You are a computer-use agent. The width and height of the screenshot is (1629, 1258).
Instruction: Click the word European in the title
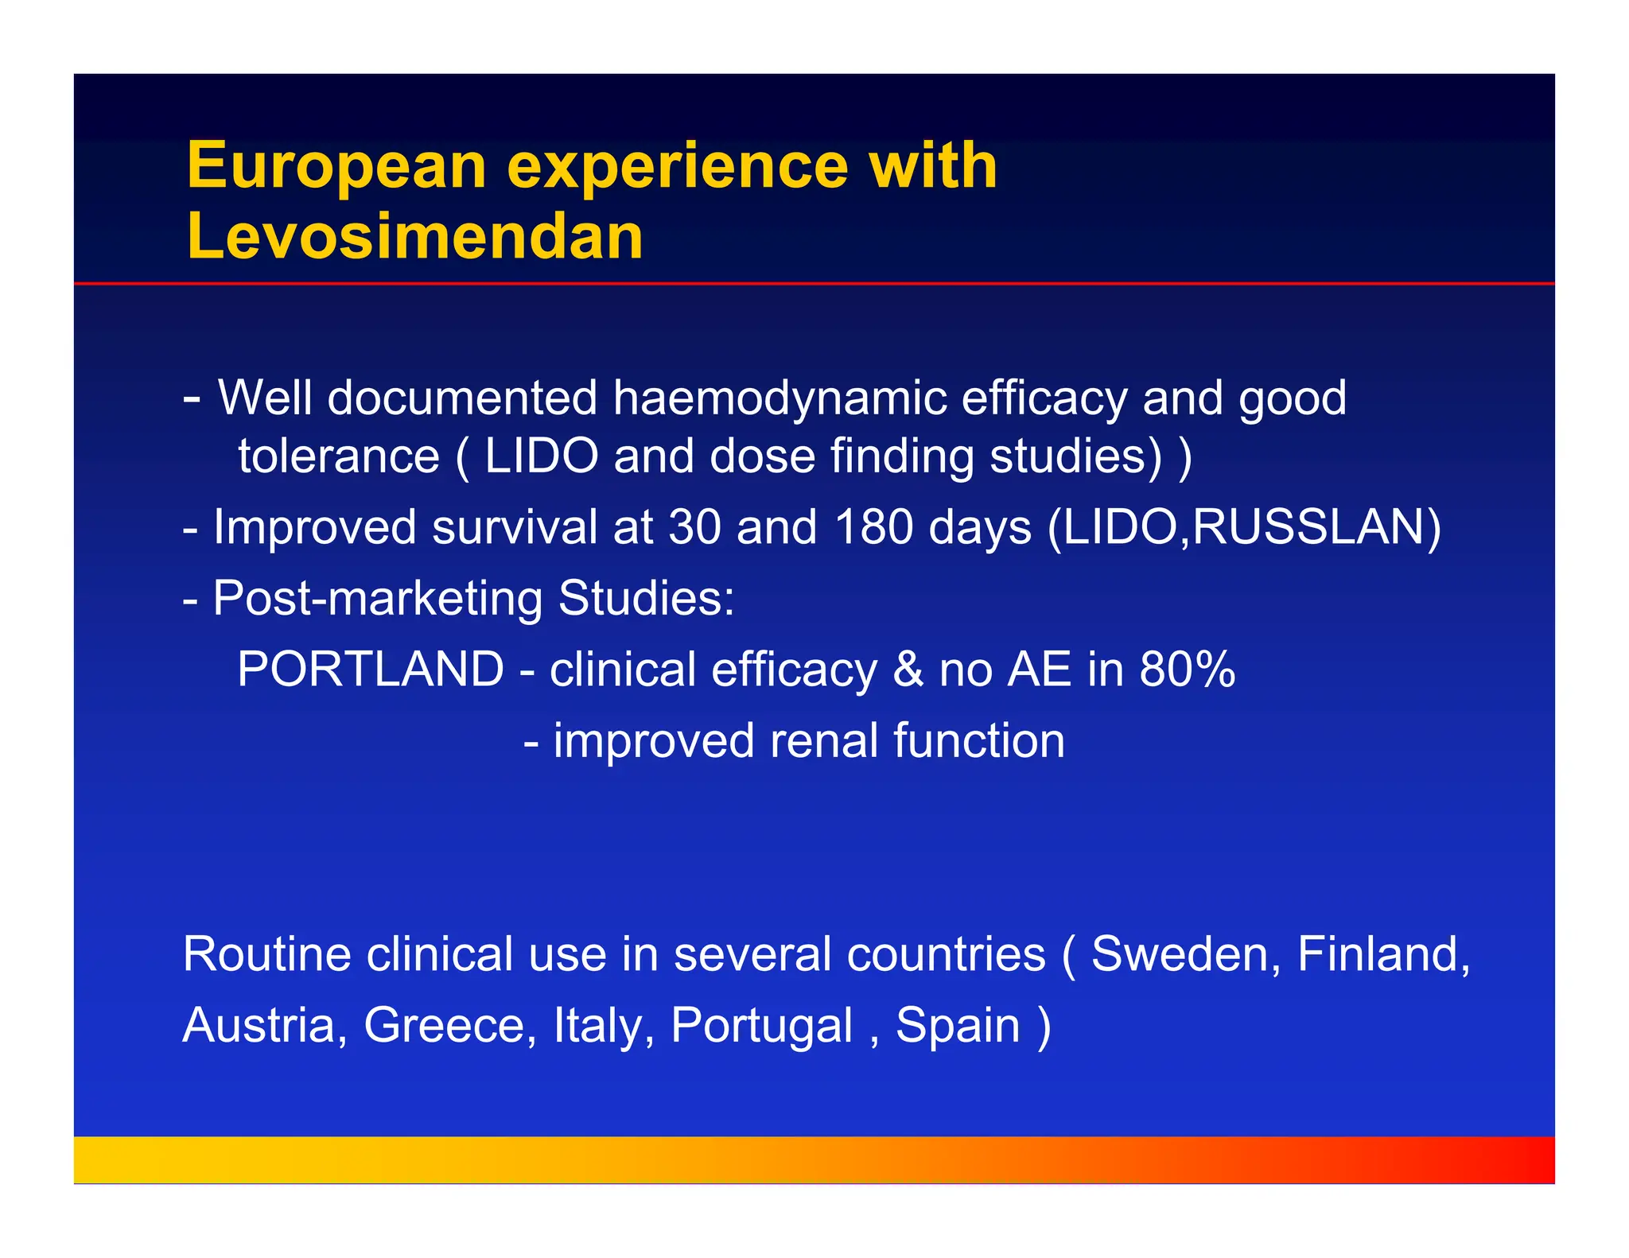pos(336,166)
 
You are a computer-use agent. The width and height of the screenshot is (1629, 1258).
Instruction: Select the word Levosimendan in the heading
pos(414,237)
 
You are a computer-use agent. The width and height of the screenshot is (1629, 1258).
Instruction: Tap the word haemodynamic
pos(780,398)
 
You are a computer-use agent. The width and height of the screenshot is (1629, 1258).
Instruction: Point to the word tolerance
pos(339,456)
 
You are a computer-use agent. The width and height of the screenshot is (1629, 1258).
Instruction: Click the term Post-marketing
pos(378,598)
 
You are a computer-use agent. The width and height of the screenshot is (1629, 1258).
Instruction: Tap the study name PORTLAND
pos(371,669)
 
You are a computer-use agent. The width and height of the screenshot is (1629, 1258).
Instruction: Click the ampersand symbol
pos(908,669)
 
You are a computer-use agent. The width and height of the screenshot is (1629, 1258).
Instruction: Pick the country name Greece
pos(449,1025)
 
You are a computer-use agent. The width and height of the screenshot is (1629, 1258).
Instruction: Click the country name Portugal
pos(761,1025)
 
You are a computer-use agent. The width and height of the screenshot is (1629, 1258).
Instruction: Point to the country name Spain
pos(958,1025)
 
